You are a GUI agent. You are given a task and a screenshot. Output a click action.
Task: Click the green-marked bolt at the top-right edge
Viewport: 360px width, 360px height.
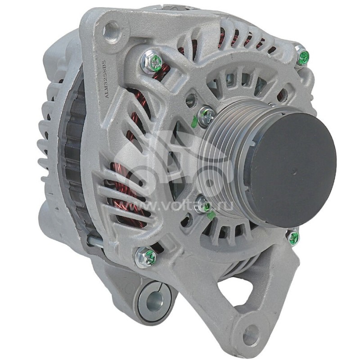[x=303, y=57]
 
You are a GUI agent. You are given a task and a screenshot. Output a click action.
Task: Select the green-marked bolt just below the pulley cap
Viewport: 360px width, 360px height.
[x=293, y=237]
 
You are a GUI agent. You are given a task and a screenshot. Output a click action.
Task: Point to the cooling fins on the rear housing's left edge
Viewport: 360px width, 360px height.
[x=45, y=148]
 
